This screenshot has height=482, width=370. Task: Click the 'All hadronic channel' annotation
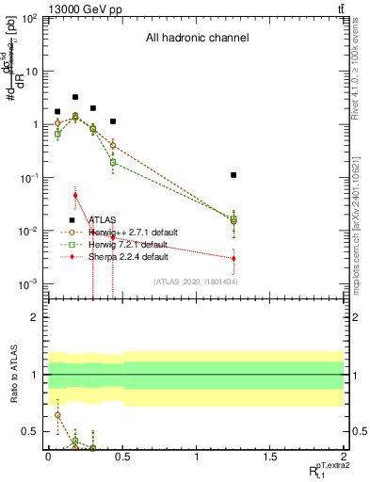196,39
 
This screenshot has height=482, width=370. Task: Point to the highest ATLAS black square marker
75,97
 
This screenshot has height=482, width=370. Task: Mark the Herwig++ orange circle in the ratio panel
57,415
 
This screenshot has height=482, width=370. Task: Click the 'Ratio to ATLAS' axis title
13,376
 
